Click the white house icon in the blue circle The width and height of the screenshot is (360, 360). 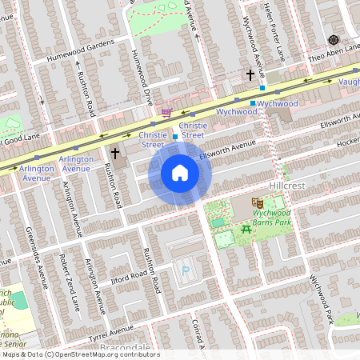[x=180, y=173]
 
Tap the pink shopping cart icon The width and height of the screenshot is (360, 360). [x=167, y=112]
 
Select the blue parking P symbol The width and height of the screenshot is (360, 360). [x=186, y=272]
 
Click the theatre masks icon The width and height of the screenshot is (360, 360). [x=257, y=205]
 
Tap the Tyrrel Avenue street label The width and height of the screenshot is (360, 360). [x=110, y=330]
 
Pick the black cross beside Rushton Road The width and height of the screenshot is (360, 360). [x=114, y=152]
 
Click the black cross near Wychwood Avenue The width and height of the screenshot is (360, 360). [x=250, y=75]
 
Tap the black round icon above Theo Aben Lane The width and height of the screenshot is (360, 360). [x=334, y=40]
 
